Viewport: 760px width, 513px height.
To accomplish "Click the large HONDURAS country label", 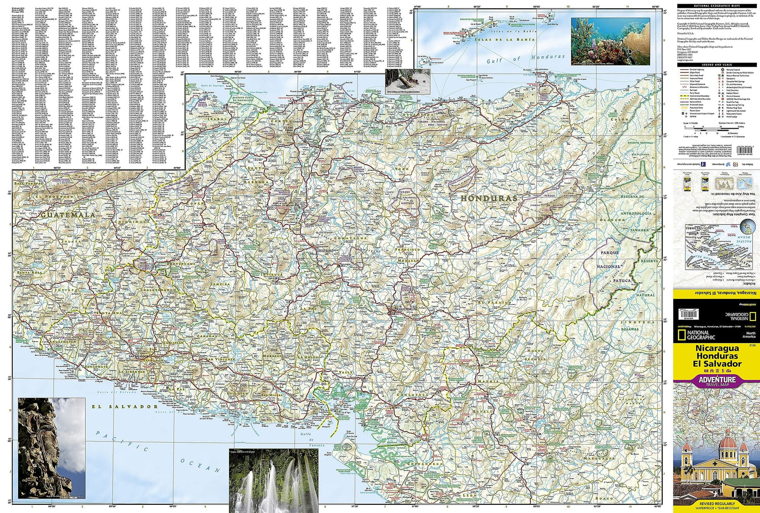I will click(481, 199).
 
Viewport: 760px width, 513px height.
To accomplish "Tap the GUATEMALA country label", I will click(68, 215).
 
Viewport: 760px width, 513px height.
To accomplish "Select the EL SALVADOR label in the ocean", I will click(125, 406).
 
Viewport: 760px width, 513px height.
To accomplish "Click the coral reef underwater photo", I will click(610, 41).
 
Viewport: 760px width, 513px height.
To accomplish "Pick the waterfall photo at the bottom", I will click(274, 481).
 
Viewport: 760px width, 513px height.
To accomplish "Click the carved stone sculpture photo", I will click(51, 448).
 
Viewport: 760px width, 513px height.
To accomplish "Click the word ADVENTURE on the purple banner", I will click(716, 379).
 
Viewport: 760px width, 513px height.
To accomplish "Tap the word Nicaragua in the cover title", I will click(716, 348).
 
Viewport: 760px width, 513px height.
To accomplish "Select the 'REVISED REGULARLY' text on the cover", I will click(716, 503).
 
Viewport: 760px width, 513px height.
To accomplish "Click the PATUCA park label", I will click(622, 280).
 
